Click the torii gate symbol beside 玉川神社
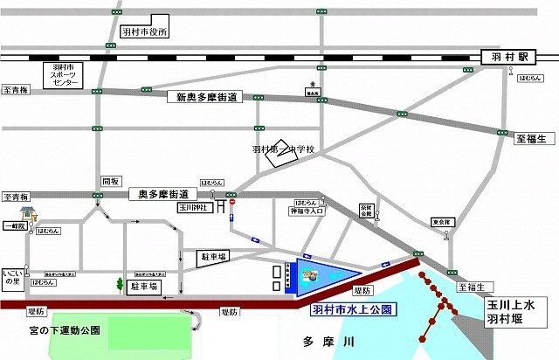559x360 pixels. click(x=223, y=206)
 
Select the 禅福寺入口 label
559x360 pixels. click(x=307, y=211)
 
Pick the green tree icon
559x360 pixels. click(x=120, y=284)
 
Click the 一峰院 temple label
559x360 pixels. click(x=14, y=225)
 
